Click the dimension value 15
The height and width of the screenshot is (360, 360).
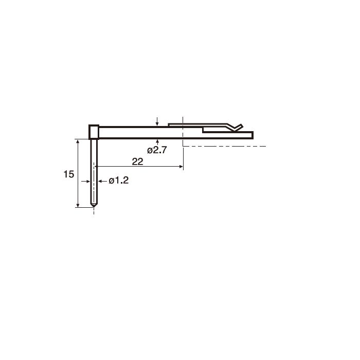coord(68,174)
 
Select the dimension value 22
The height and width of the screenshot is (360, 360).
coord(137,161)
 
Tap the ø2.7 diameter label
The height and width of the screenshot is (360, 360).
coord(157,150)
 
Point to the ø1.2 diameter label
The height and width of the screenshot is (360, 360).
coord(118,181)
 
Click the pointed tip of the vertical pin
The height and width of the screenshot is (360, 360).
coord(94,207)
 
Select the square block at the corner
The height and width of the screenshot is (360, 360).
coord(94,132)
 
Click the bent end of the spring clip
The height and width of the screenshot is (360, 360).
coord(238,127)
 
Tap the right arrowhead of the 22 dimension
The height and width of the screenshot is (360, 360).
coord(181,167)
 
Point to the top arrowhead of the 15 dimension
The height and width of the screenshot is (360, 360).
coord(78,141)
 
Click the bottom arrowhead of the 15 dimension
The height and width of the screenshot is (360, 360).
coord(78,205)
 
